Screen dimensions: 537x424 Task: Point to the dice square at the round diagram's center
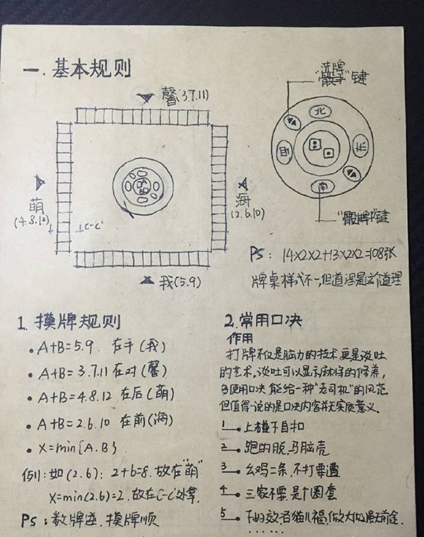point(321,149)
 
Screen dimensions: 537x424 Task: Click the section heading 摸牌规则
point(78,324)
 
